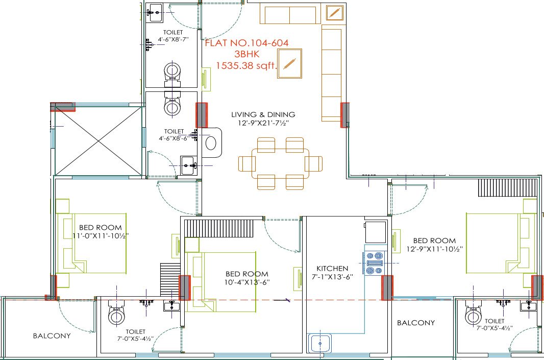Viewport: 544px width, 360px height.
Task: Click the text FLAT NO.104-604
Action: point(246,43)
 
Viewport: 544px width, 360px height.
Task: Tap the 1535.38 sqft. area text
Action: point(246,65)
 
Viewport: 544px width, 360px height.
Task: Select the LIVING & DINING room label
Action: point(263,114)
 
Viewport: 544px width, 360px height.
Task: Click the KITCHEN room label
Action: point(332,268)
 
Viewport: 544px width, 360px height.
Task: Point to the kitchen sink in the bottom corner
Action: point(320,343)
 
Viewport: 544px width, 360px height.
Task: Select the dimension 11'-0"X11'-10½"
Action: point(101,236)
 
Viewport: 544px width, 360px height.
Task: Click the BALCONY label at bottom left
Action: point(52,336)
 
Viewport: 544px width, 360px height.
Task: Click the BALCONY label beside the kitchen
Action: point(416,323)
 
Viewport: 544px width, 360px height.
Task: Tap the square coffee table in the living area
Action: point(290,64)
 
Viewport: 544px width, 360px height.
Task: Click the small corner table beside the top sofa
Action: point(335,13)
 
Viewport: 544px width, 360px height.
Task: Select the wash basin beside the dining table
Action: point(211,142)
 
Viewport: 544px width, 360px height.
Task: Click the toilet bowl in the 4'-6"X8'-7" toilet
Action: point(172,72)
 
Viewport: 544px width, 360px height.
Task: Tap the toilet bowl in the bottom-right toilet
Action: point(473,316)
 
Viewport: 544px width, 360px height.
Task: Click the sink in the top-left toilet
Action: point(156,12)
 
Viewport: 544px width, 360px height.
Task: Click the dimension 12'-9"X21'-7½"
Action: point(263,123)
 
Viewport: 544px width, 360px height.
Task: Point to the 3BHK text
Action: point(246,55)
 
